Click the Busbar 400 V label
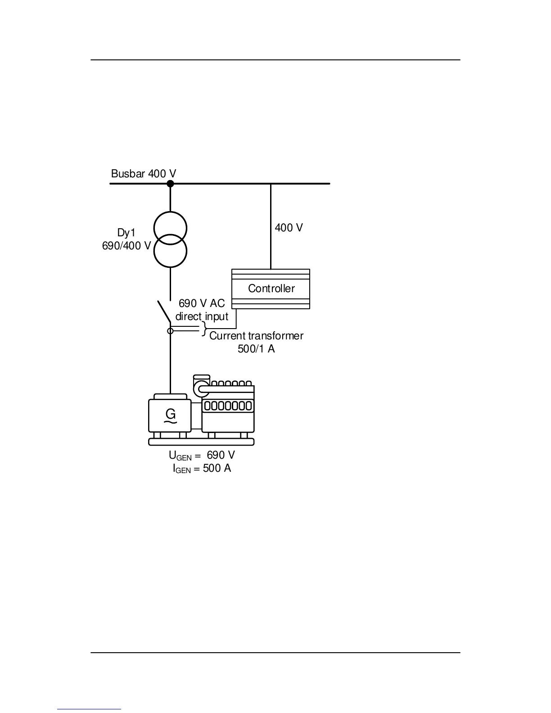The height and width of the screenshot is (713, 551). pyautogui.click(x=144, y=174)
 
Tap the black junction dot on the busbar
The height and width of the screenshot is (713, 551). pyautogui.click(x=170, y=184)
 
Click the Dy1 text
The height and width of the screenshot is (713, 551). pyautogui.click(x=126, y=233)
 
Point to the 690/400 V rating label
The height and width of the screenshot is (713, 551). pyautogui.click(x=126, y=246)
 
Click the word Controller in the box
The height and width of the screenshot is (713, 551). pyautogui.click(x=271, y=289)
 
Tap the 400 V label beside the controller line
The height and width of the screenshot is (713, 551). pyautogui.click(x=289, y=228)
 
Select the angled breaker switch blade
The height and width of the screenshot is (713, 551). pyautogui.click(x=164, y=311)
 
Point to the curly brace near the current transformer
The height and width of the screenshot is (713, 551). pyautogui.click(x=204, y=329)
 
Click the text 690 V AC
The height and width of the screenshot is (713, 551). pyautogui.click(x=202, y=303)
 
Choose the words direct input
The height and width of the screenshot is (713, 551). pyautogui.click(x=202, y=316)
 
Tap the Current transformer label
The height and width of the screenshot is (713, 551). pyautogui.click(x=256, y=336)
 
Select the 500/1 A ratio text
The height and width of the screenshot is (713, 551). pyautogui.click(x=256, y=349)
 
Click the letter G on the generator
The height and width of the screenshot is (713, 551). pyautogui.click(x=171, y=414)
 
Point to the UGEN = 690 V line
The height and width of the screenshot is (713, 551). pyautogui.click(x=202, y=456)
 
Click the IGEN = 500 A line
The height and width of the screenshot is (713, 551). pyautogui.click(x=202, y=469)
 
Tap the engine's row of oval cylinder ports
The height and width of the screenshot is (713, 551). pyautogui.click(x=228, y=406)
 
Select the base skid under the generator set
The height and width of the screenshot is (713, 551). pyautogui.click(x=201, y=442)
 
